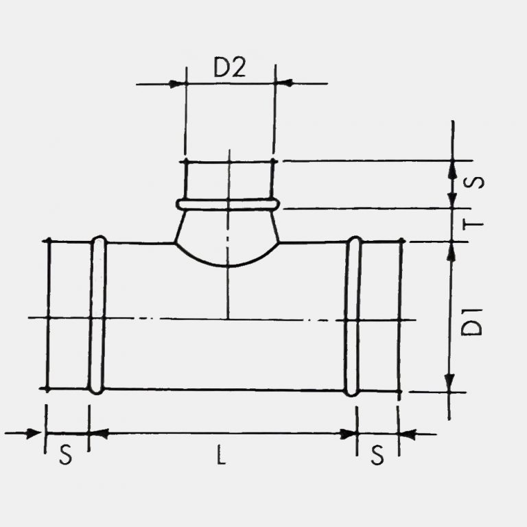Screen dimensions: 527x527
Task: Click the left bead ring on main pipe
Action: click(x=98, y=315)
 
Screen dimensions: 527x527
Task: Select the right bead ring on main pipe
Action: click(x=353, y=316)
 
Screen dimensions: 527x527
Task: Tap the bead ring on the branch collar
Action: click(x=228, y=204)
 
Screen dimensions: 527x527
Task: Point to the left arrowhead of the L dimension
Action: click(x=97, y=433)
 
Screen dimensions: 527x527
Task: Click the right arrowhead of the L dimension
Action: click(x=350, y=433)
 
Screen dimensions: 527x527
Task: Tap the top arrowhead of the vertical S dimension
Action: click(x=452, y=169)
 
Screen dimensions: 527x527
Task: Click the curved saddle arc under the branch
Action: click(x=228, y=264)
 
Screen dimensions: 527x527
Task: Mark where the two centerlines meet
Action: click(x=228, y=318)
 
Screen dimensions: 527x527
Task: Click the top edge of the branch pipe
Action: click(x=229, y=162)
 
